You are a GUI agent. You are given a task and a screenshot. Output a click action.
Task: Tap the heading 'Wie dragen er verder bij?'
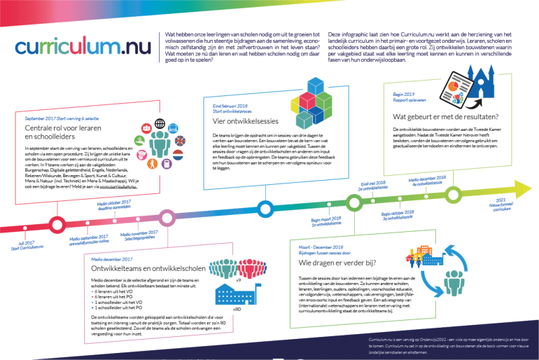coord(339,263)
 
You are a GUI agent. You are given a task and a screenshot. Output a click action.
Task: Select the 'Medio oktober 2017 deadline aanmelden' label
coord(116,205)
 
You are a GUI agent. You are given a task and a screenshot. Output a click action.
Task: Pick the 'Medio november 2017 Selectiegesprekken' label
coord(139,235)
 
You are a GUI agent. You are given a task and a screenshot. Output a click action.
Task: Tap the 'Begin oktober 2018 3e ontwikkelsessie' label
coord(400,215)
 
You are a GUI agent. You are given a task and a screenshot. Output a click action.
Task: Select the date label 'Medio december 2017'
coord(113,259)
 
